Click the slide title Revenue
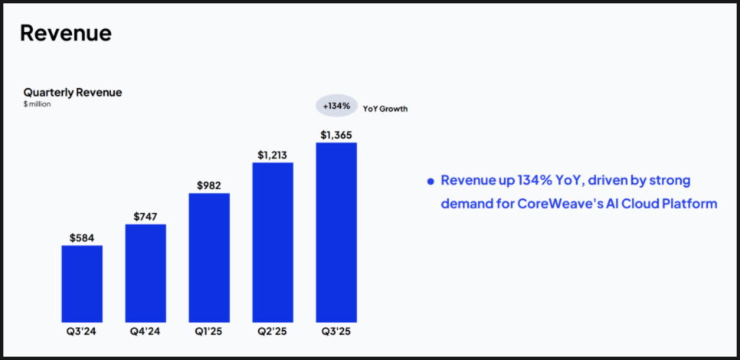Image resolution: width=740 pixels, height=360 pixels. (66, 33)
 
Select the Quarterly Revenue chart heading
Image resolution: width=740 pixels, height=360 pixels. (72, 92)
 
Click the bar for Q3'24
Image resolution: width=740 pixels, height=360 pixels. (82, 283)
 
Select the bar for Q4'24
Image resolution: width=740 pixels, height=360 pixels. (146, 273)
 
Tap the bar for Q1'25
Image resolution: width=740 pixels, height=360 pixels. (209, 257)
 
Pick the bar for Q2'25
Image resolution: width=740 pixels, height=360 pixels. (273, 242)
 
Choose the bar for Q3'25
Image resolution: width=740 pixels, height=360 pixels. (336, 232)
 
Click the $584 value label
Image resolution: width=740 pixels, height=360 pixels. (82, 237)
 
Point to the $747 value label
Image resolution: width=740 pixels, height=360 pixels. (146, 217)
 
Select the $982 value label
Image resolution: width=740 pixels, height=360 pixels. (209, 185)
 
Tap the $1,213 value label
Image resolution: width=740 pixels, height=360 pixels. (272, 155)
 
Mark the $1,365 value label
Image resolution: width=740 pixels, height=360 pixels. (336, 135)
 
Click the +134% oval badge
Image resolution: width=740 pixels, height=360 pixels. (336, 106)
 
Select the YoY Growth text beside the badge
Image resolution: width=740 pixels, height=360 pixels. (385, 109)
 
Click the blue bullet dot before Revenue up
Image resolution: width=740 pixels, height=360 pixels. (431, 182)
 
